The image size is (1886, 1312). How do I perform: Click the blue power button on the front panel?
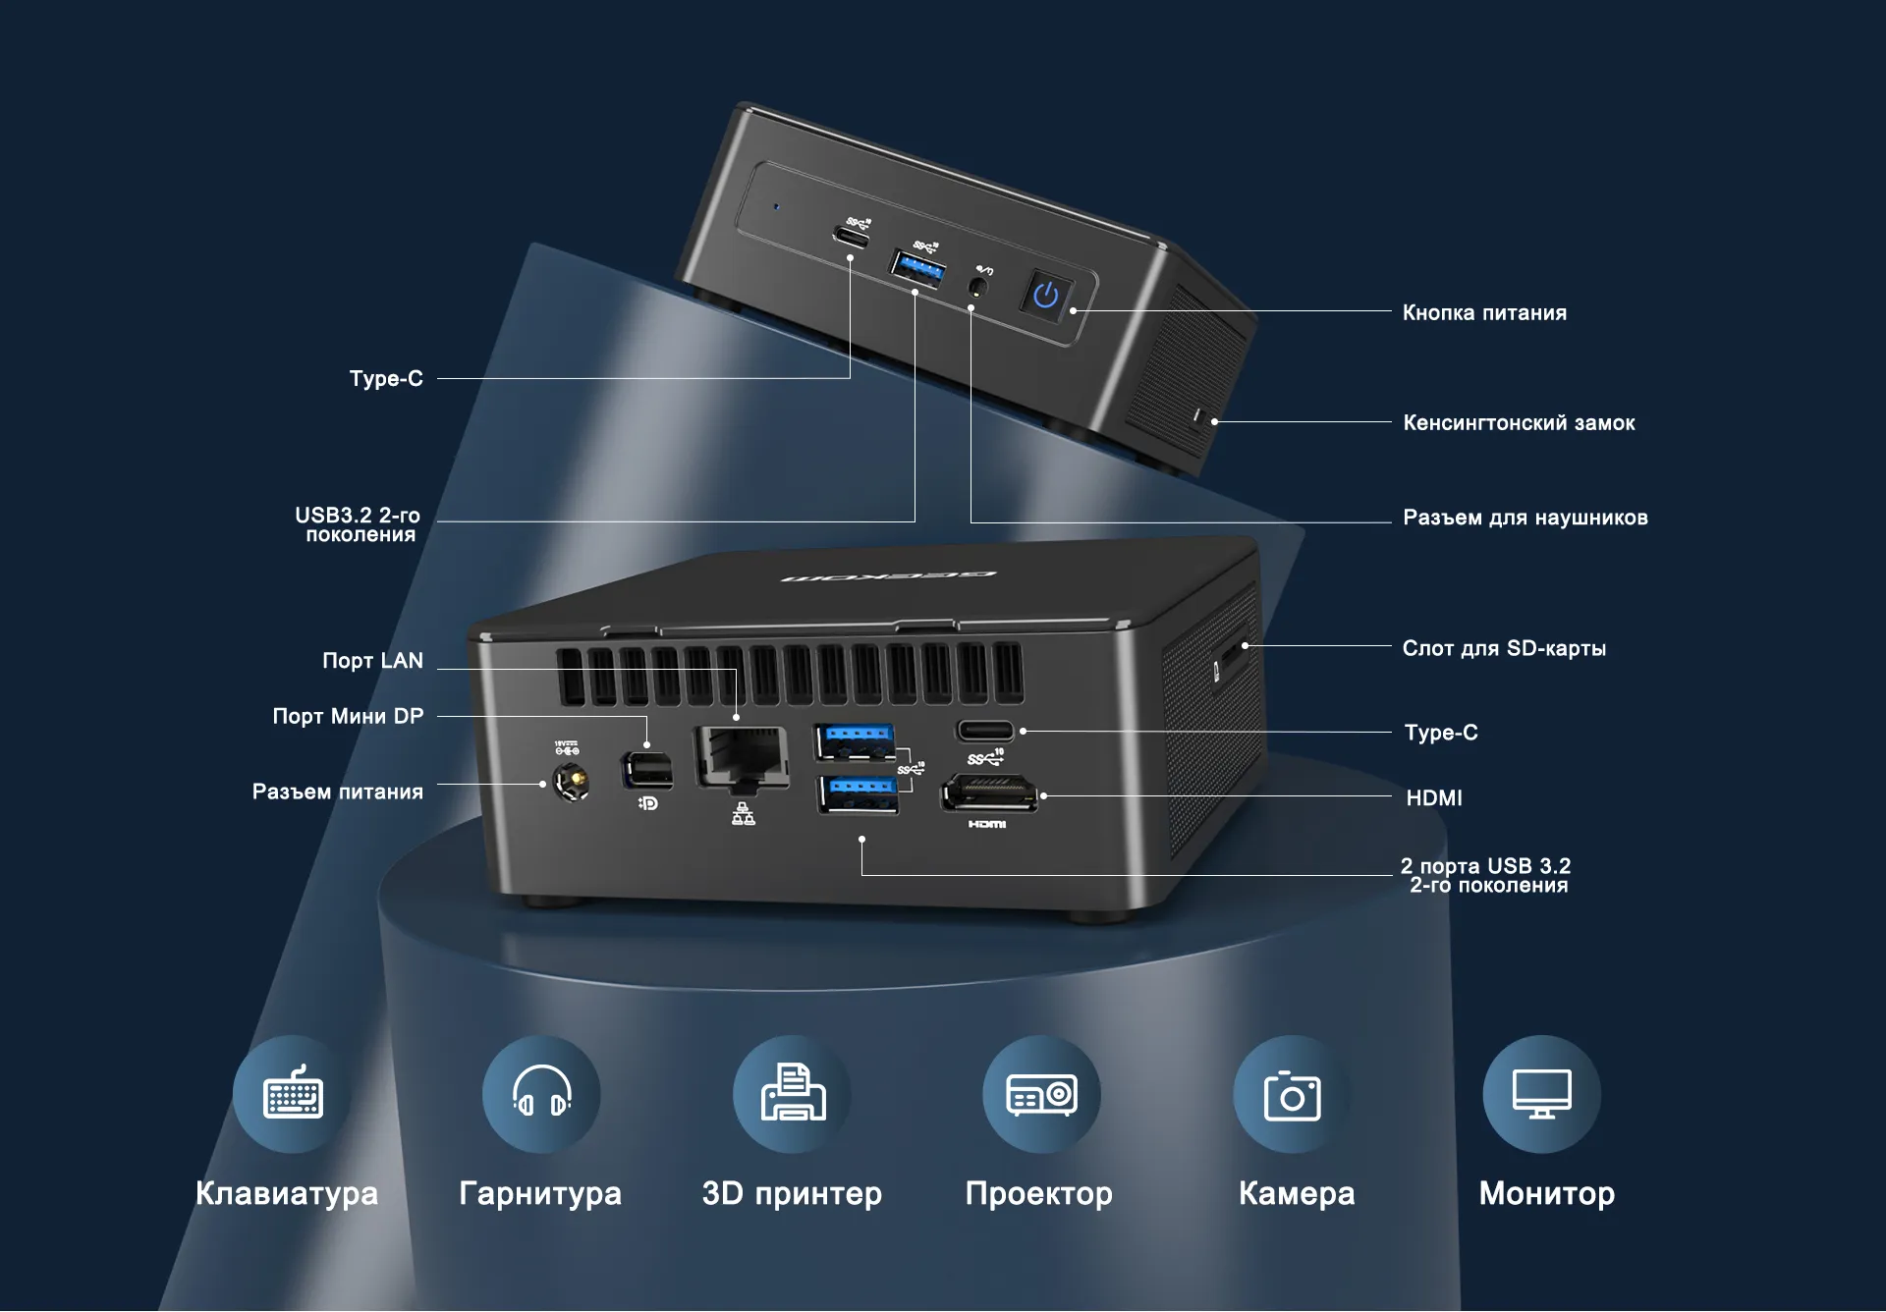(1046, 294)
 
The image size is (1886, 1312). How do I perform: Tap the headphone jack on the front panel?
(977, 287)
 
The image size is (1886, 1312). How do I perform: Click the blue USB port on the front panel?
(916, 268)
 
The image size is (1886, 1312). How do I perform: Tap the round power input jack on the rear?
(571, 783)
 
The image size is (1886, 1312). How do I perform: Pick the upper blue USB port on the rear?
(856, 740)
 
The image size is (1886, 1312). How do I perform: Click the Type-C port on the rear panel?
(985, 731)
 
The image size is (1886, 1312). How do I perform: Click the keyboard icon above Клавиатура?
(293, 1094)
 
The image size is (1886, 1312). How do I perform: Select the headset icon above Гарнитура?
(541, 1092)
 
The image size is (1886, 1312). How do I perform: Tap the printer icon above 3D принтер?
(793, 1092)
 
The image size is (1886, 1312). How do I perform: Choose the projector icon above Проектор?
(1041, 1094)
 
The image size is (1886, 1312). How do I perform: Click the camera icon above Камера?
(1292, 1095)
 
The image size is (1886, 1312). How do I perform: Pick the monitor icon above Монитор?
(1542, 1093)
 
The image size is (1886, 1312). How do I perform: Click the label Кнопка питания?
(1484, 313)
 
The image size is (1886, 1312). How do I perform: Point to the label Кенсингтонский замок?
(1519, 423)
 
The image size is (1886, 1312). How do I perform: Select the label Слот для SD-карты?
(1504, 648)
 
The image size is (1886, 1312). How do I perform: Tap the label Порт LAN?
(373, 661)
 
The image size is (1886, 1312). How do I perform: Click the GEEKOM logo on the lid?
(889, 575)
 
